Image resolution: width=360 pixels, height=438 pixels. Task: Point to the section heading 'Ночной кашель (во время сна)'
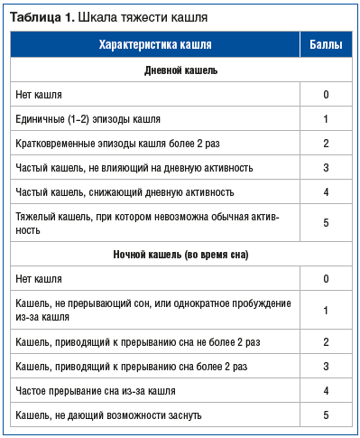[180, 255]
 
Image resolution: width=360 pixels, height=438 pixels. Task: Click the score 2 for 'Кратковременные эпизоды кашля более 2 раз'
[325, 144]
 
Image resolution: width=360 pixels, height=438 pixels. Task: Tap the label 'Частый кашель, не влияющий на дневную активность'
[134, 168]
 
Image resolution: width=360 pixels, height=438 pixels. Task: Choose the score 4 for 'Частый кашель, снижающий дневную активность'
[325, 192]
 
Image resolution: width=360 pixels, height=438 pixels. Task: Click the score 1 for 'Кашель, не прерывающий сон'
[325, 310]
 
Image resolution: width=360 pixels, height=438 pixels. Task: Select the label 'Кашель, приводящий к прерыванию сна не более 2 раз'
[138, 342]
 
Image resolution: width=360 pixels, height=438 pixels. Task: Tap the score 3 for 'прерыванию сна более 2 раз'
[325, 367]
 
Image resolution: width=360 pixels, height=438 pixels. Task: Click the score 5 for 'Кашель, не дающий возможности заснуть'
[325, 415]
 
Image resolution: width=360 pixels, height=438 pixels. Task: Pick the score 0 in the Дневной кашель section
[325, 95]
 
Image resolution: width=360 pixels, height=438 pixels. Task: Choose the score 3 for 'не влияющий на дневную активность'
[325, 168]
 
